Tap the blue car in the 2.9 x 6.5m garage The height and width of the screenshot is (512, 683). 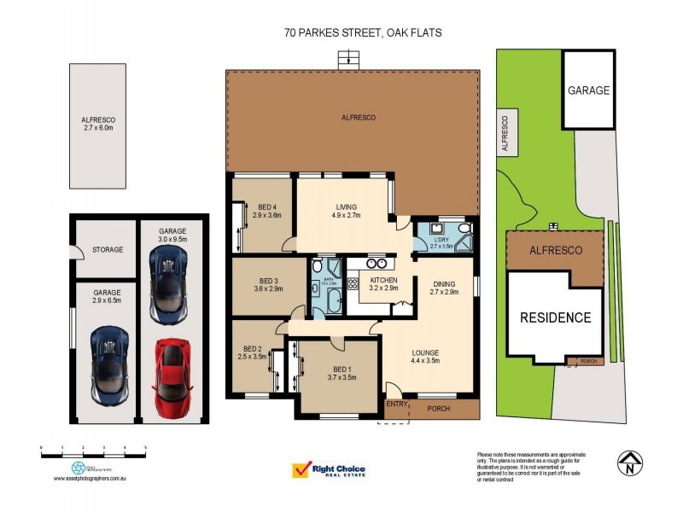point(109,364)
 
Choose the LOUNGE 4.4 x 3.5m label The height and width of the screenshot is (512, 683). point(424,357)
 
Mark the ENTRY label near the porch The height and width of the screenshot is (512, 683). point(396,404)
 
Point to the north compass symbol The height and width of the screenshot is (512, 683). point(628,463)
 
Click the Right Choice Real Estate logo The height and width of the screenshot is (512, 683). point(329,471)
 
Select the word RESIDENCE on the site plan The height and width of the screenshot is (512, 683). point(556,318)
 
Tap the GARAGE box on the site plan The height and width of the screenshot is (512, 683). point(589,90)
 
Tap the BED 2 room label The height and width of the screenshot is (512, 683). point(254,352)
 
